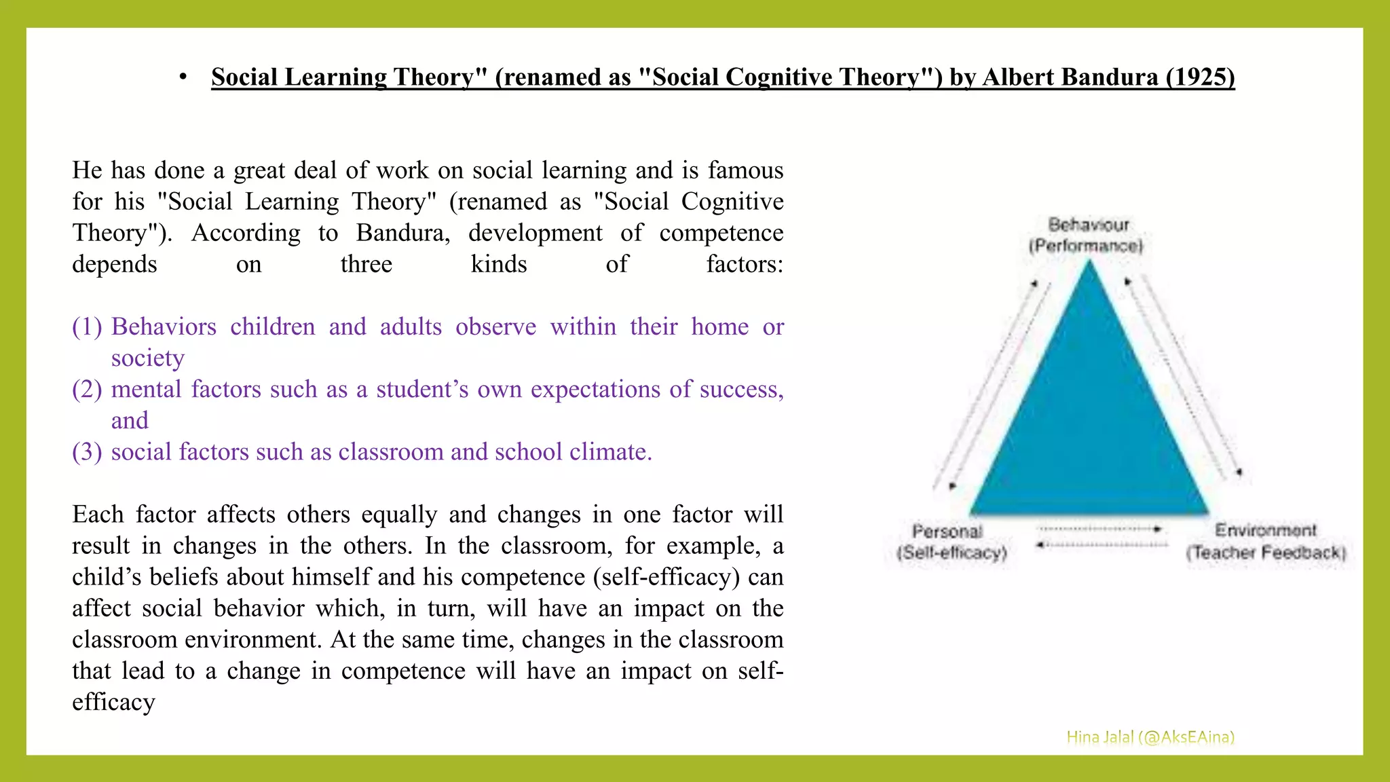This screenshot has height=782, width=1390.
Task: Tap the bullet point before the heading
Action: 183,78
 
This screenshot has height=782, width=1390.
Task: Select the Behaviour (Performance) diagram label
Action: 1087,235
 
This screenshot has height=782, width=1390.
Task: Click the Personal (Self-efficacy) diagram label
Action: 951,542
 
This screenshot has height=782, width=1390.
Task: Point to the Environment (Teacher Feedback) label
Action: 1266,542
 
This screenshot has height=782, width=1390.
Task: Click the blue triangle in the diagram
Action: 1089,421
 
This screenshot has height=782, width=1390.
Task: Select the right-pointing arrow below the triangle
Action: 1100,528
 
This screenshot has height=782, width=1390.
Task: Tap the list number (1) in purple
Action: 87,327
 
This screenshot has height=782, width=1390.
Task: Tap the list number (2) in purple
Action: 87,390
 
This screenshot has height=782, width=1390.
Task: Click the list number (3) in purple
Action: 87,452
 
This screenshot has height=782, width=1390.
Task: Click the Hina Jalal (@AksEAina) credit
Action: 1150,737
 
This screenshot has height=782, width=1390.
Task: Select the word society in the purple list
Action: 147,358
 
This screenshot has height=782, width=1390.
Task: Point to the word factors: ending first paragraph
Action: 744,265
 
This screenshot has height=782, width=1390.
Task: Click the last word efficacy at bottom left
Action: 113,703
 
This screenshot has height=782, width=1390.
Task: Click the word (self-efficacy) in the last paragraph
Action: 666,577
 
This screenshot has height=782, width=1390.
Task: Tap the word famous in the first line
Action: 745,170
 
